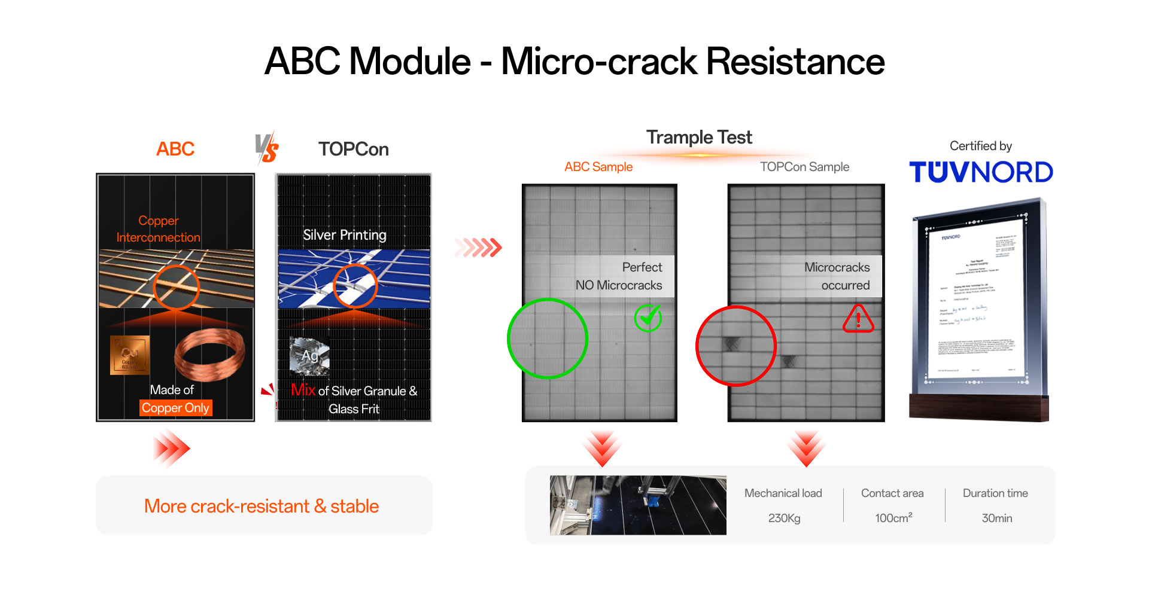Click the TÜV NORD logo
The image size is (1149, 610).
980,172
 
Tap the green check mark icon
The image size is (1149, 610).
648,318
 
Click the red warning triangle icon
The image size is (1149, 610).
858,319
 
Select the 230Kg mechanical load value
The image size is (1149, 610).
784,518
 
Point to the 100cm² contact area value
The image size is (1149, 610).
893,518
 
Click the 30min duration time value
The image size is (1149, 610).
996,518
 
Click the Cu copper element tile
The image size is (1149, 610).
129,355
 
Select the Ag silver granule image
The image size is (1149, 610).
309,355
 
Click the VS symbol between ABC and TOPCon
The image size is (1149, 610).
266,148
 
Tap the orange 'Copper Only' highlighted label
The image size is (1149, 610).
175,408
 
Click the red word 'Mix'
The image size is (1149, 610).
303,390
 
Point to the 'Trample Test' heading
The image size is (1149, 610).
699,138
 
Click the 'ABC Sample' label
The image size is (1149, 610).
598,167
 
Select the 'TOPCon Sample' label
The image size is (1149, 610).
804,167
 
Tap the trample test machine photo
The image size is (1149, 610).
637,505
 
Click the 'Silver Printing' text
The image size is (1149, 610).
344,235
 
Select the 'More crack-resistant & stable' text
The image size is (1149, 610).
262,506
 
